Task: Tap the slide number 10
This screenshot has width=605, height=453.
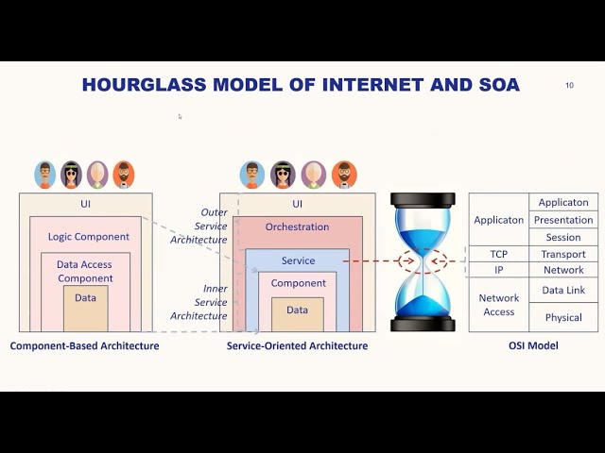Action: [x=569, y=85]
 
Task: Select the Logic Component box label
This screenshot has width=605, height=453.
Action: [x=89, y=237]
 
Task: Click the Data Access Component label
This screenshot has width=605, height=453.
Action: [x=85, y=272]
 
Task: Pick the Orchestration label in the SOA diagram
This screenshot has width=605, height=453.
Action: [x=297, y=227]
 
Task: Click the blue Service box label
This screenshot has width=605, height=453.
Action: [x=298, y=260]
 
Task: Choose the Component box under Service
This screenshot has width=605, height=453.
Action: [x=298, y=283]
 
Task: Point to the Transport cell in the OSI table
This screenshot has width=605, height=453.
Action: [x=563, y=254]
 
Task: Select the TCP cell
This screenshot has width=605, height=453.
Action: [x=498, y=254]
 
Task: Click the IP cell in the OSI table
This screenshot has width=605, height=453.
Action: [x=498, y=270]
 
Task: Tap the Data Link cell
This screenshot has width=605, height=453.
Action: [x=563, y=291]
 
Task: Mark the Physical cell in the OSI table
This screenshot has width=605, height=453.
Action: [x=563, y=317]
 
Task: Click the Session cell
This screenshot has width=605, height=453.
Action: [x=563, y=238]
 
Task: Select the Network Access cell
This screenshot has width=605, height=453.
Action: [x=498, y=305]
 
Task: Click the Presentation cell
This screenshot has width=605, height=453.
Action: [x=563, y=220]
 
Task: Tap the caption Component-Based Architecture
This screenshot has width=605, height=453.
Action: [x=84, y=346]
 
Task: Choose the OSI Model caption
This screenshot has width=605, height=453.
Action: [x=533, y=346]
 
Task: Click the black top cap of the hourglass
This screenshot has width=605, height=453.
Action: [x=423, y=199]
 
